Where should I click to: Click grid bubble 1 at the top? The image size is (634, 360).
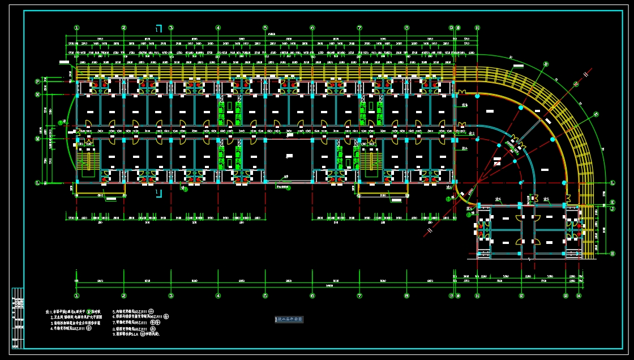(x=76, y=27)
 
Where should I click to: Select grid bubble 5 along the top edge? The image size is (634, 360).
(x=265, y=27)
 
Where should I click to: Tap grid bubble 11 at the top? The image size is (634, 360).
(x=477, y=27)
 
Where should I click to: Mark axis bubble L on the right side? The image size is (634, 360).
(x=612, y=182)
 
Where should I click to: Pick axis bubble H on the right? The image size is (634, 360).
(x=612, y=254)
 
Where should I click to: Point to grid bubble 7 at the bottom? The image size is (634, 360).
(x=359, y=295)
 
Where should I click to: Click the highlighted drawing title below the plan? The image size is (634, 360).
(x=289, y=320)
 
